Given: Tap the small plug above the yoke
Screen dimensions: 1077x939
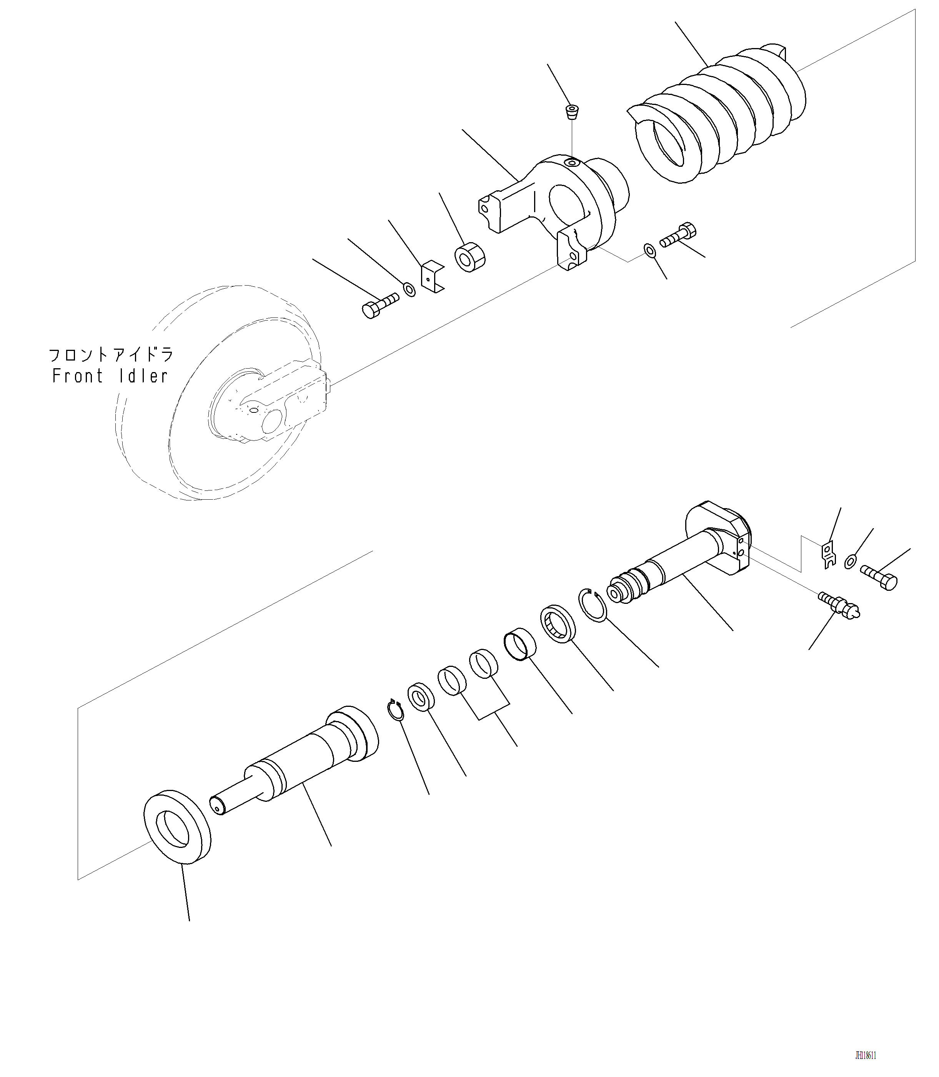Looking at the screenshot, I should pos(572,111).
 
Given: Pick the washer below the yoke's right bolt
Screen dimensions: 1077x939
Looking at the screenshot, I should pos(649,250).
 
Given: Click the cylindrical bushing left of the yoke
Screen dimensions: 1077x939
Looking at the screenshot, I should pos(469,257).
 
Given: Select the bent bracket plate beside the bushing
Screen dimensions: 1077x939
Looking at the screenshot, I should pos(432,277).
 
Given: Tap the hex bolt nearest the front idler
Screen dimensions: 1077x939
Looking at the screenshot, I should pos(379,305).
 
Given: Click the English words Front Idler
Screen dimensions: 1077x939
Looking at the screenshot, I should pos(110,376).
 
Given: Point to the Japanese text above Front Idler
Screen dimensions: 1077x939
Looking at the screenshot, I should pos(111,355).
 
